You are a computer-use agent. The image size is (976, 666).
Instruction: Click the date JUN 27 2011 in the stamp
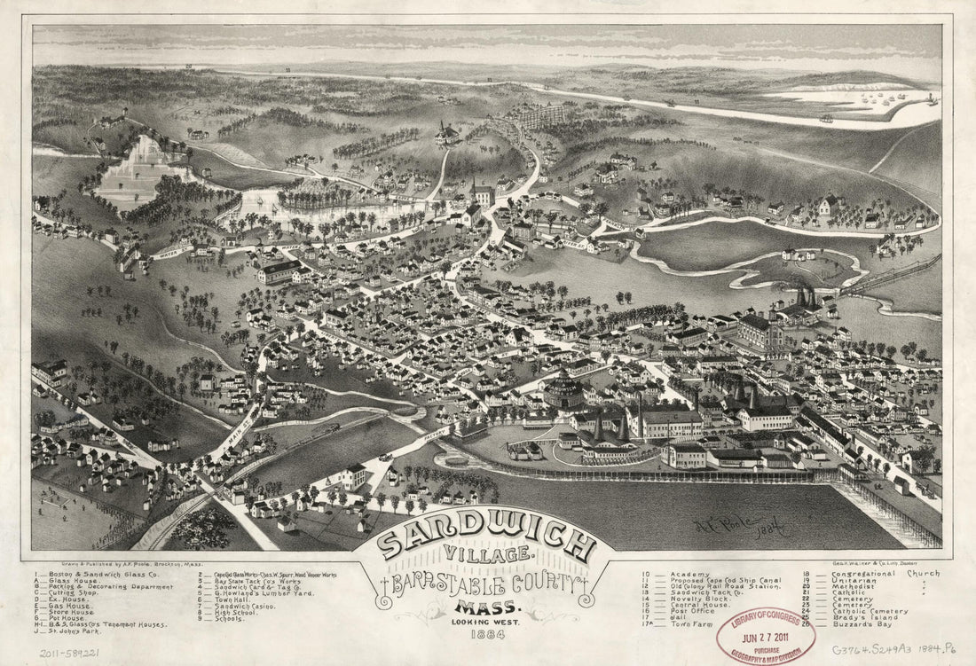tap(768, 634)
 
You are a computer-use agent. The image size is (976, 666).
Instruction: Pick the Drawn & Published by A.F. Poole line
tap(101, 563)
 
